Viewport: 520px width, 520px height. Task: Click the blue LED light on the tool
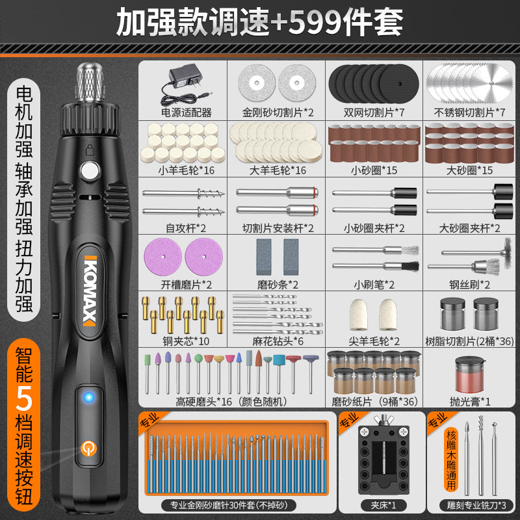pyautogui.click(x=88, y=396)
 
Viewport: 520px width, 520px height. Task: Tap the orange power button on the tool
pyautogui.click(x=88, y=449)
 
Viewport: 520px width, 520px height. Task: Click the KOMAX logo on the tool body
pyautogui.click(x=90, y=291)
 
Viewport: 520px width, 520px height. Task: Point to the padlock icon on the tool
pyautogui.click(x=90, y=149)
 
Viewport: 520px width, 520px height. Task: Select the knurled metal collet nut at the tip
pyautogui.click(x=90, y=82)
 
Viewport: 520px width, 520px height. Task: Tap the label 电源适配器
pyautogui.click(x=187, y=112)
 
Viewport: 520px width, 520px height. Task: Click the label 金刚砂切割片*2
pyautogui.click(x=278, y=112)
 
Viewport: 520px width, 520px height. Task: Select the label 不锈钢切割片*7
pyautogui.click(x=469, y=112)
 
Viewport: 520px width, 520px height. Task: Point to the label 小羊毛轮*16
pyautogui.click(x=187, y=170)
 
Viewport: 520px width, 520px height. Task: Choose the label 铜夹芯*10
pyautogui.click(x=186, y=341)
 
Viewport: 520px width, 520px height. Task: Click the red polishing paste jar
pyautogui.click(x=470, y=374)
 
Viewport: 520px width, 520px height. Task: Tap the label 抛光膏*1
pyautogui.click(x=470, y=402)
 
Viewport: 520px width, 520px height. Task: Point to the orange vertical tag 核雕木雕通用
pyautogui.click(x=451, y=460)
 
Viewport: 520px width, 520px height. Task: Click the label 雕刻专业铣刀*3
pyautogui.click(x=476, y=505)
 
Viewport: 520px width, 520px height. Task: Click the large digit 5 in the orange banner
pyautogui.click(x=24, y=398)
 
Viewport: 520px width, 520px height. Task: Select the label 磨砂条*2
pyautogui.click(x=278, y=285)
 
